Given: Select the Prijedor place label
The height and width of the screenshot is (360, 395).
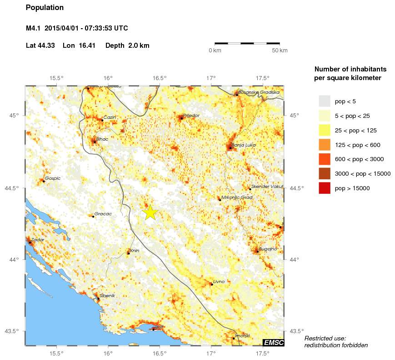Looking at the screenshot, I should click(191, 116).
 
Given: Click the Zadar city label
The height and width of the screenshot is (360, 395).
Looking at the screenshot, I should click(38, 239).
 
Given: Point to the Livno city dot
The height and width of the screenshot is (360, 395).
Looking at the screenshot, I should click(211, 284).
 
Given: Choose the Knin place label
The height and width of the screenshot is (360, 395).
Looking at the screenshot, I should click(135, 250).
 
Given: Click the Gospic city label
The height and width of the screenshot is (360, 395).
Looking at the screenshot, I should click(52, 178).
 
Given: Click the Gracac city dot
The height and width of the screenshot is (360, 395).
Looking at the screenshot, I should click(93, 216).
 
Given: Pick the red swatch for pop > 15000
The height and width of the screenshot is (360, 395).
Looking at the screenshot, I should click(324, 188).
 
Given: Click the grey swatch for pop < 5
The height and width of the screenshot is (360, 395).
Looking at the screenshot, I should click(324, 101).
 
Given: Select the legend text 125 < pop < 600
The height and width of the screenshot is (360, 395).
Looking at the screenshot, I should click(357, 145).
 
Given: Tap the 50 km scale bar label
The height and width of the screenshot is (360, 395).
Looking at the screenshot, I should click(280, 51).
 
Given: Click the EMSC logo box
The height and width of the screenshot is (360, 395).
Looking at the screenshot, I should click(273, 342).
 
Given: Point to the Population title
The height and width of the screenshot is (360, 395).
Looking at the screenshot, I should click(45, 8).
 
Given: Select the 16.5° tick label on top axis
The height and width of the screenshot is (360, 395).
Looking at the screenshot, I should click(159, 78).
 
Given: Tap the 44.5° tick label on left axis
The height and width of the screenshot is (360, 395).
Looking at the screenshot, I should click(15, 188).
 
